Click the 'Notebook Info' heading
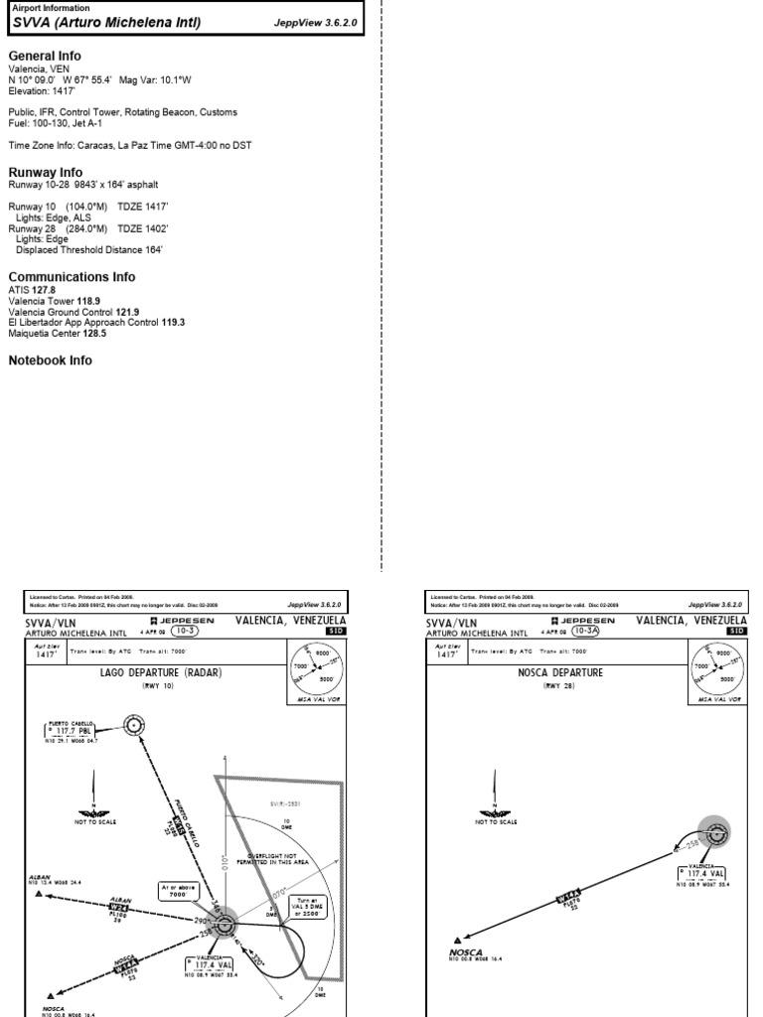(x=50, y=361)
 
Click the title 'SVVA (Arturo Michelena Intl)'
(x=106, y=21)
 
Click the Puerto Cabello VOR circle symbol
(x=132, y=726)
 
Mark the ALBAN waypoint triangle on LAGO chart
(x=41, y=894)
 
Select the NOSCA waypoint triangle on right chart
(x=458, y=940)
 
